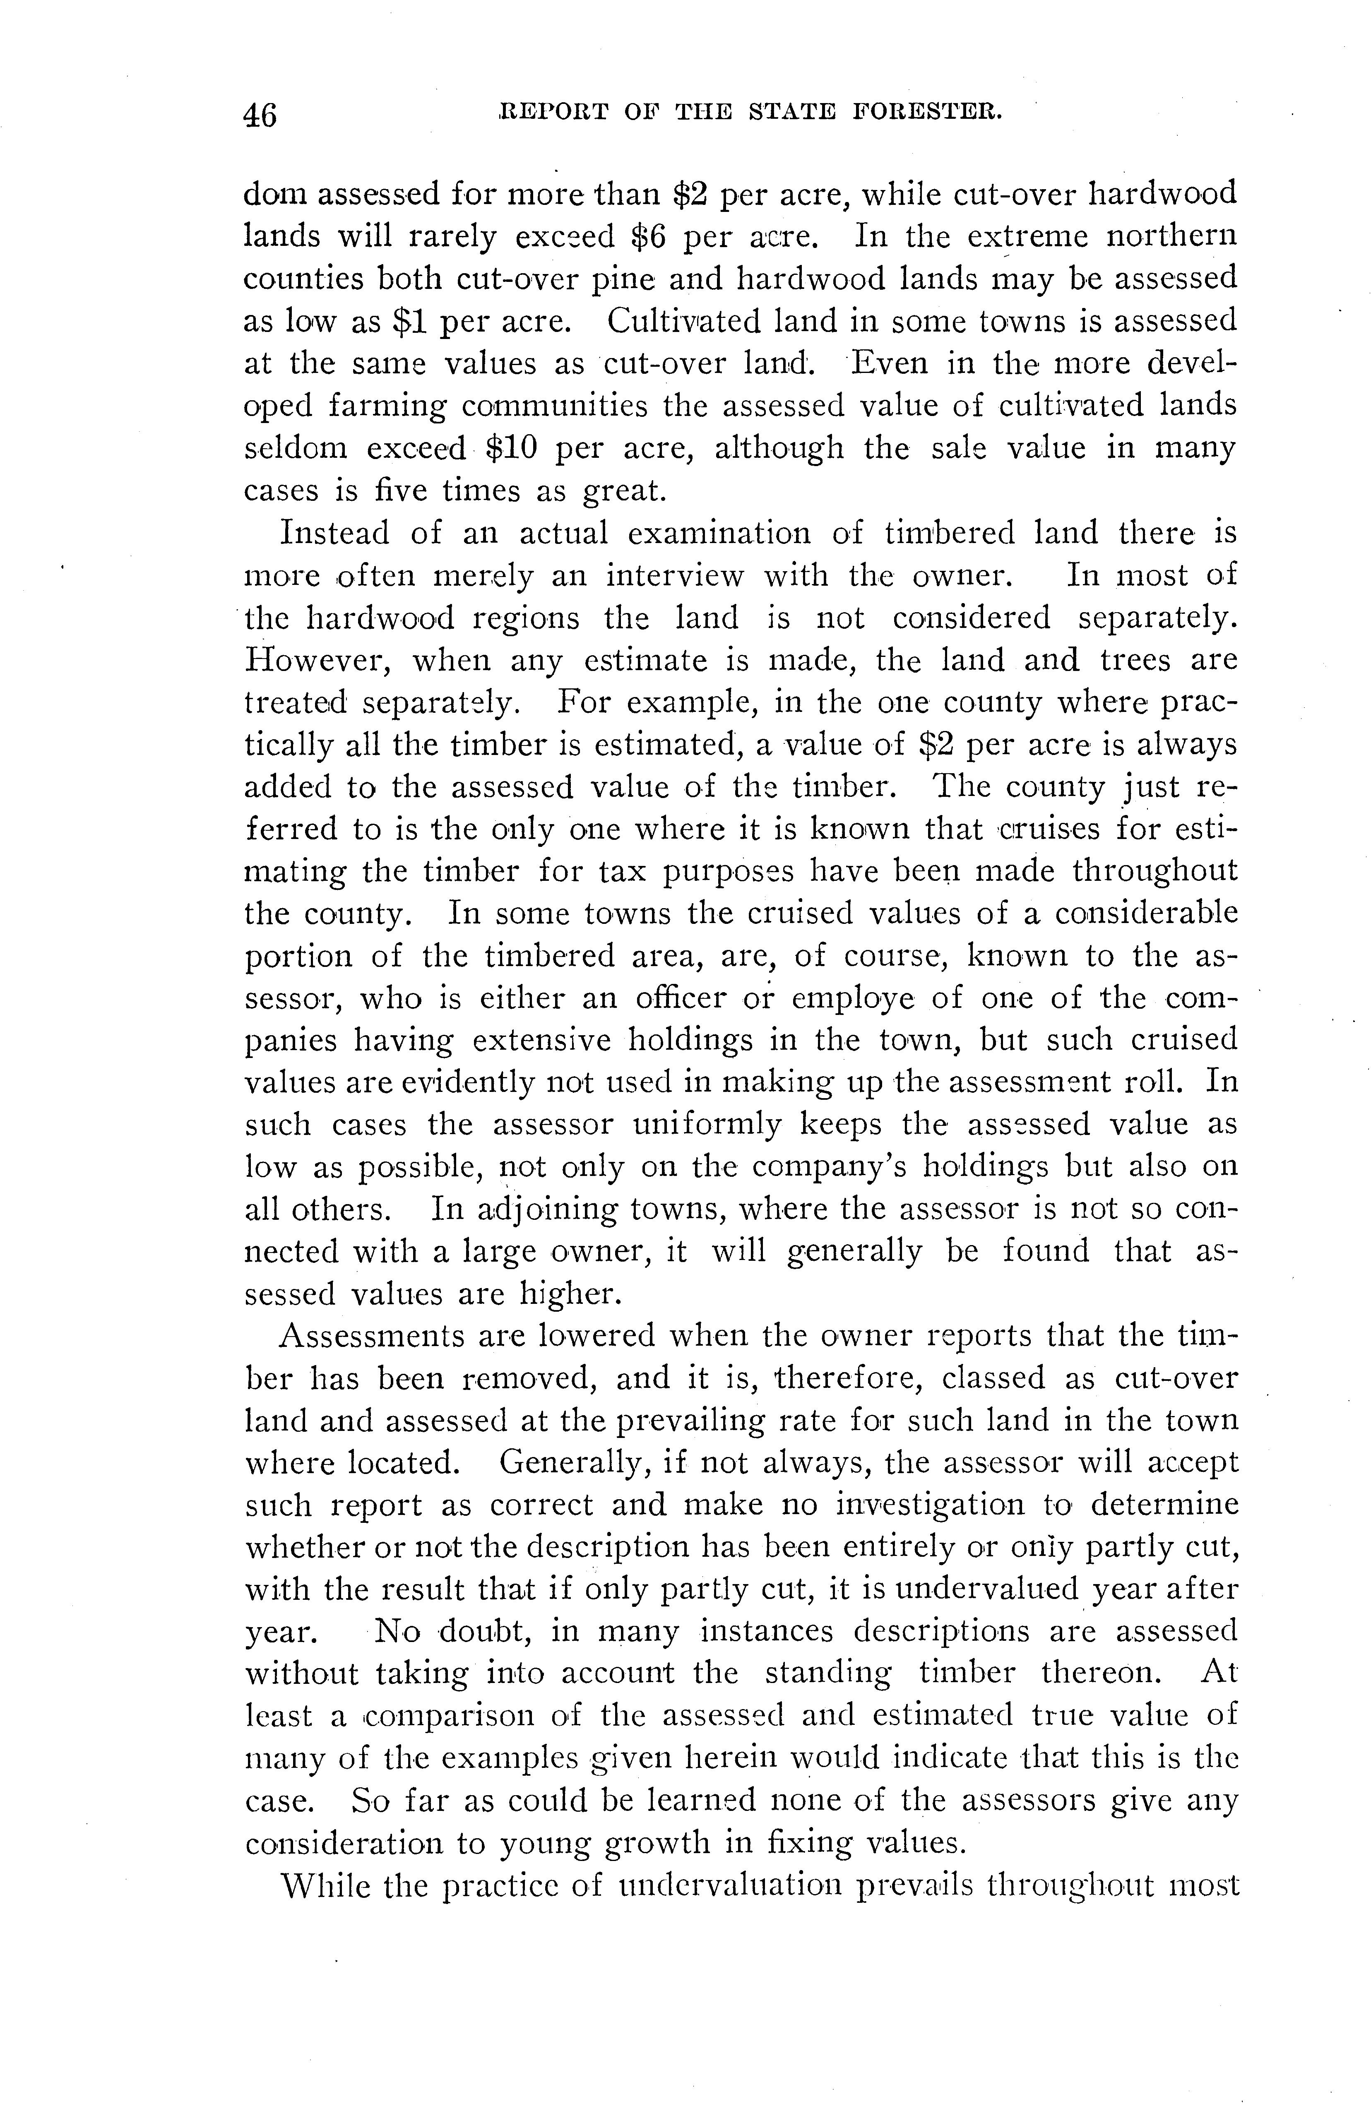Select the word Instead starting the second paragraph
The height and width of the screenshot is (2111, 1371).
pos(334,533)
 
